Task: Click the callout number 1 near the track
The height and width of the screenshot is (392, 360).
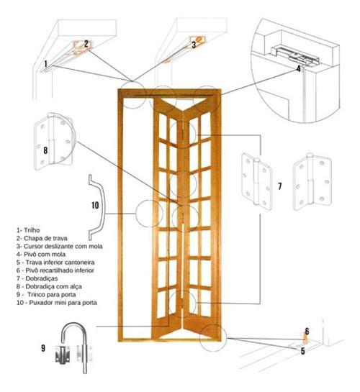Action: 45,64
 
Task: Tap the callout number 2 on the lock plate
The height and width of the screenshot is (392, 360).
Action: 86,44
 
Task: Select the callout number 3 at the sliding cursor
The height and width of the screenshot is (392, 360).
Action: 194,45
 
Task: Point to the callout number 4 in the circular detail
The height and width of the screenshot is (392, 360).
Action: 298,68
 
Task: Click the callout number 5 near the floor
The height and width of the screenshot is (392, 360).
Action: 302,351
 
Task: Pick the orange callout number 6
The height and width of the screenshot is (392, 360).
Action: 307,332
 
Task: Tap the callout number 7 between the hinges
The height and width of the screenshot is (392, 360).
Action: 279,186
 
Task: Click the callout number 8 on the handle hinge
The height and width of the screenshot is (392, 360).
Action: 45,150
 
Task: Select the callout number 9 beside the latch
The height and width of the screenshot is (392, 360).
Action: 43,348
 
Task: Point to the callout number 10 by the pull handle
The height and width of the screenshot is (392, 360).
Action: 95,205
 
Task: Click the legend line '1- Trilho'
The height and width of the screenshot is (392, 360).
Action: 28,230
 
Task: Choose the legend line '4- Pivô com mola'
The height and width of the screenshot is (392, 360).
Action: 41,254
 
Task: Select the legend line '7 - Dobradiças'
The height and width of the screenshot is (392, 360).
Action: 37,278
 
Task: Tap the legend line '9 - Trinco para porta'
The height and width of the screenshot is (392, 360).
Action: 46,294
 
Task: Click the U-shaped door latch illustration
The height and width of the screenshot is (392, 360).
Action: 75,347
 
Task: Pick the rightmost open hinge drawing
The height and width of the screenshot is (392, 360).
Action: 312,182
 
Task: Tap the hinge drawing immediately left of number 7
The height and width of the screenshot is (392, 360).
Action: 256,181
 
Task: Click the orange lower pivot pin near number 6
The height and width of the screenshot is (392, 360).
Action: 305,338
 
